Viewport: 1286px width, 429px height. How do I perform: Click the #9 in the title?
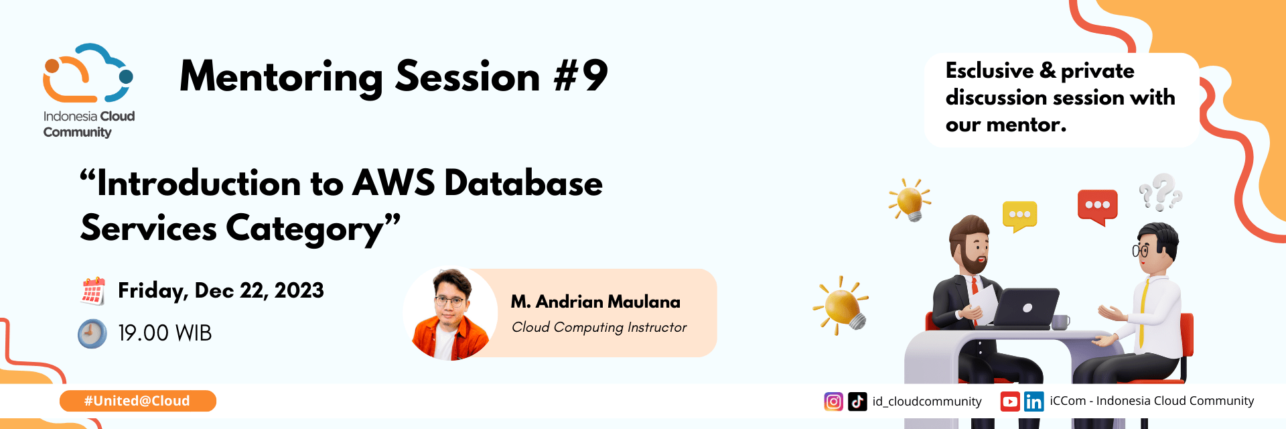coord(581,76)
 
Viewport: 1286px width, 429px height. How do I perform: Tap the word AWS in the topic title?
coord(393,183)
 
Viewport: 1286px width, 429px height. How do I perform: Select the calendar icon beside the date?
coord(93,291)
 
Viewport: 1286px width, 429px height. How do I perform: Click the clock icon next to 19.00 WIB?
coord(92,333)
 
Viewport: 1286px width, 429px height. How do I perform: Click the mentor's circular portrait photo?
coord(450,314)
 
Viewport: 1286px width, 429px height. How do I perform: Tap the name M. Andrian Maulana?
coord(595,302)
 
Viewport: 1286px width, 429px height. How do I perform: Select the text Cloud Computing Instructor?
coord(599,327)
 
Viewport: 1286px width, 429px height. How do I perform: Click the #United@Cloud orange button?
coord(137,401)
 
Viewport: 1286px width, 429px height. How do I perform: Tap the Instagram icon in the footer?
coord(833,402)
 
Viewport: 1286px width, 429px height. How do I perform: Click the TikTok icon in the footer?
coord(857,402)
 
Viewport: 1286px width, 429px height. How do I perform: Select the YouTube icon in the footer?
coord(1010,402)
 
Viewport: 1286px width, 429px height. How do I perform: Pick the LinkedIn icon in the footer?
coord(1033,402)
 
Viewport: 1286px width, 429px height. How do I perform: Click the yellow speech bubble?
coord(1019,215)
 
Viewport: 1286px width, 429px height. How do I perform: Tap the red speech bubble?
coord(1097,206)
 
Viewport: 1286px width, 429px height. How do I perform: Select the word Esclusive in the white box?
coord(990,70)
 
